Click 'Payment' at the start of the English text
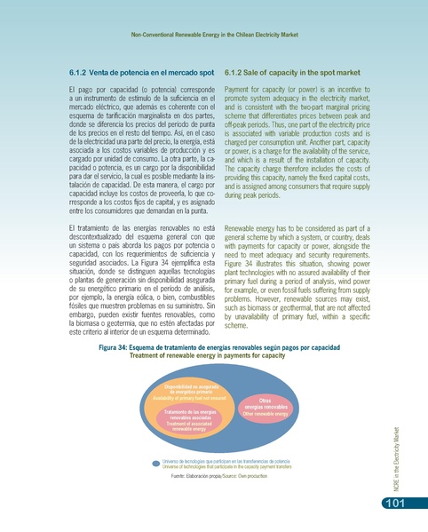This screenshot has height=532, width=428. click(240, 90)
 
